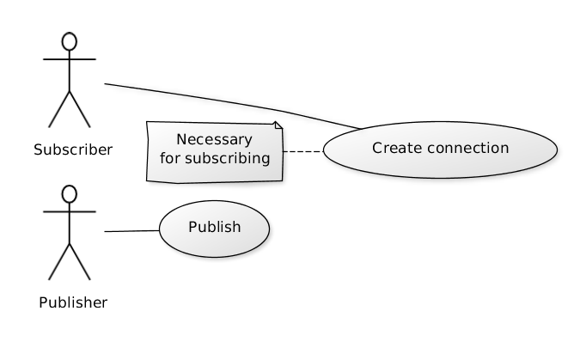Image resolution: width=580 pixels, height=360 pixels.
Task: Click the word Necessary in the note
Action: pyautogui.click(x=214, y=139)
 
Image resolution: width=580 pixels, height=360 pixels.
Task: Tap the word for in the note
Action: pyautogui.click(x=170, y=158)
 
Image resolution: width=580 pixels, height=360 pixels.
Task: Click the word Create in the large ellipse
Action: pyautogui.click(x=397, y=148)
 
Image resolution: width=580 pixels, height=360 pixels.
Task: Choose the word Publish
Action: pyautogui.click(x=214, y=227)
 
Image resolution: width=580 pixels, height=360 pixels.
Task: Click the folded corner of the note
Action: pyautogui.click(x=278, y=126)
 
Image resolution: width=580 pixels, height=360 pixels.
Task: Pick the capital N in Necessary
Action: pyautogui.click(x=181, y=139)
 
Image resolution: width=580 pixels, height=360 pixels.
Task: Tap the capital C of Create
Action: pyautogui.click(x=377, y=148)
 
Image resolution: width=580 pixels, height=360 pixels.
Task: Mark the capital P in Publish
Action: pyautogui.click(x=192, y=227)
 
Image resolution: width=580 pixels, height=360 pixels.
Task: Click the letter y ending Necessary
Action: pyautogui.click(x=248, y=141)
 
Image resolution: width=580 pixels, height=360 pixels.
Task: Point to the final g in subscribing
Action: pyautogui.click(x=265, y=160)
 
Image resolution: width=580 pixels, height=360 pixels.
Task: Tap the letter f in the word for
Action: pyautogui.click(x=162, y=158)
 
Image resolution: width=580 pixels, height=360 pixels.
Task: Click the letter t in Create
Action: pyautogui.click(x=409, y=148)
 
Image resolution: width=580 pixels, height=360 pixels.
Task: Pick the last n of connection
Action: pyautogui.click(x=504, y=149)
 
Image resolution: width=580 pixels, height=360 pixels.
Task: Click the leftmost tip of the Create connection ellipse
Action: pyautogui.click(x=325, y=149)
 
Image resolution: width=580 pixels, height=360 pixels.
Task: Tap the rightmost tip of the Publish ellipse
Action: pyautogui.click(x=269, y=229)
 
